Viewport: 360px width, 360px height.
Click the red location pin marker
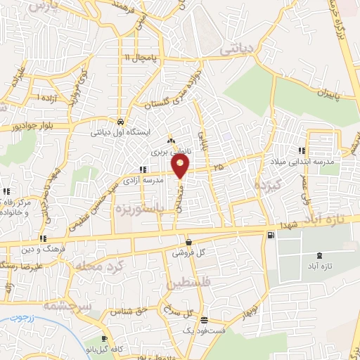(x=181, y=167)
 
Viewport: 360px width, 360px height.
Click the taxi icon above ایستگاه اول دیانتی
(x=121, y=120)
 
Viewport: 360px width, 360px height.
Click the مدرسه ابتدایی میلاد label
(x=302, y=162)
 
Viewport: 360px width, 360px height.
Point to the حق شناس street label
(x=133, y=309)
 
